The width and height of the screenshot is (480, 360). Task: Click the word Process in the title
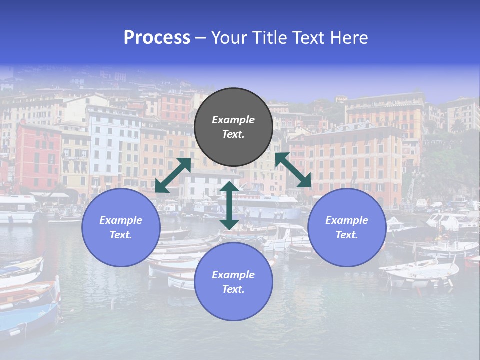[x=157, y=38]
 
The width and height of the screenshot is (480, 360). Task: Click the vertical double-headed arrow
[x=229, y=205]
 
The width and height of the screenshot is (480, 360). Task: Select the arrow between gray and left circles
[x=173, y=175]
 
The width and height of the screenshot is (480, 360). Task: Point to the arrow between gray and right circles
[x=293, y=170]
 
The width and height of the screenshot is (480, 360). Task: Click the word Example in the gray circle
[x=233, y=120]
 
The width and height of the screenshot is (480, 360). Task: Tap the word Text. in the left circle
[x=121, y=235]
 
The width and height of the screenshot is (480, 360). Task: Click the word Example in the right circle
[x=347, y=220]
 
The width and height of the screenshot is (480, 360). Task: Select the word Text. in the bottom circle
[x=233, y=289]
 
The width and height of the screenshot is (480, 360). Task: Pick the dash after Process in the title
[x=201, y=38]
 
